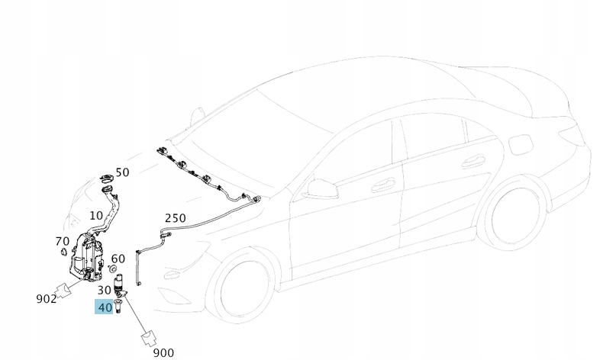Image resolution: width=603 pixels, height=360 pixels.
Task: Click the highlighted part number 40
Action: [105, 307]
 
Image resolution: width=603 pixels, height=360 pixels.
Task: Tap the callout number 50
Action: [122, 172]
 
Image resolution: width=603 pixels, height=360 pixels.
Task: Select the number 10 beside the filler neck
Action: [96, 216]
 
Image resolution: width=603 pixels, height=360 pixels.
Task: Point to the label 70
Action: [63, 242]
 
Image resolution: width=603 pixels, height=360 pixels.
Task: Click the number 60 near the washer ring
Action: [118, 259]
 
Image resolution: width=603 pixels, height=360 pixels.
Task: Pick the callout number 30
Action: [104, 290]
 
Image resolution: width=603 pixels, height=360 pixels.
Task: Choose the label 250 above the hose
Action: [175, 218]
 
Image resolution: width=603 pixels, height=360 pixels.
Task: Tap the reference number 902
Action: [47, 298]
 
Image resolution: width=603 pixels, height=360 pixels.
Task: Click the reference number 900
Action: [163, 352]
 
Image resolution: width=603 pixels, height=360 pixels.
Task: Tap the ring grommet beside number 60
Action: [114, 270]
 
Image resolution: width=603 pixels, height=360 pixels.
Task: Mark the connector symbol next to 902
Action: [68, 288]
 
